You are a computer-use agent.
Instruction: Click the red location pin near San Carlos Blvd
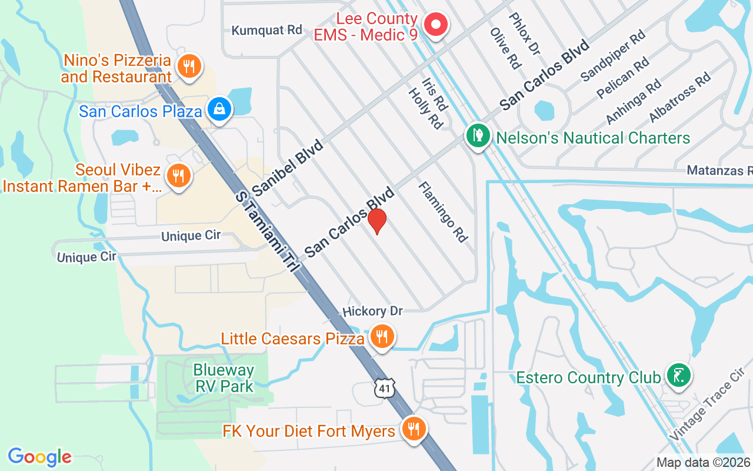(377, 220)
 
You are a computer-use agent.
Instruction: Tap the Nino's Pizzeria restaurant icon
(189, 67)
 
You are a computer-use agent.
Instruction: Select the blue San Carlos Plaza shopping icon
(219, 109)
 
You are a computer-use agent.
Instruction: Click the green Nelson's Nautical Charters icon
(478, 136)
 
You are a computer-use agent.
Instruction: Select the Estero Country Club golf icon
(678, 375)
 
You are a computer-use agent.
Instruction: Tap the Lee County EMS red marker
(436, 25)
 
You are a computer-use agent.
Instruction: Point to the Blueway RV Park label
(224, 379)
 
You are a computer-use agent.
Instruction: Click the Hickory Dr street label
(372, 311)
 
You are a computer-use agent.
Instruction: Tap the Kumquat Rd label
(266, 30)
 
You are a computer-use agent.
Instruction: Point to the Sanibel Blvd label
(288, 168)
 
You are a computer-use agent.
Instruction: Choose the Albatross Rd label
(679, 97)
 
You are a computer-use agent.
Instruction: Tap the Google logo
(39, 457)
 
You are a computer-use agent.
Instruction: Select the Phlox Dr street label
(523, 33)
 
